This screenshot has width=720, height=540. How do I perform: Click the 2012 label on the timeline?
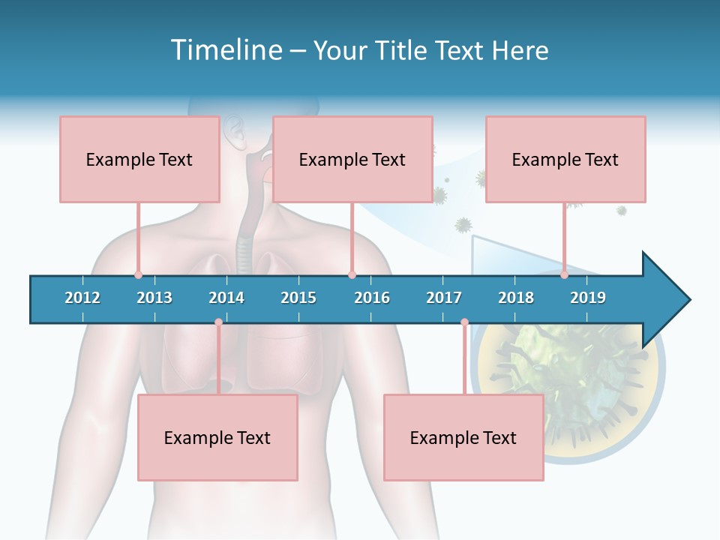82,298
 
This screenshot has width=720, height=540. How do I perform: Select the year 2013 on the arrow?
154,298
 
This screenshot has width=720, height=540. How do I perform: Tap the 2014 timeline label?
226,298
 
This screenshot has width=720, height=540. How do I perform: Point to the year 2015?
298,298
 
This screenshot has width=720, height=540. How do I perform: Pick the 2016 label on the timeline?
372,298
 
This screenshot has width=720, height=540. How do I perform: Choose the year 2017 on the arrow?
444,298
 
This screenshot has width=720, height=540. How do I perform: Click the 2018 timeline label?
516,298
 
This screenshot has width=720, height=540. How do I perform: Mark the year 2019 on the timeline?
588,298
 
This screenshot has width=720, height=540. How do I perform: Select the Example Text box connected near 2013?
139,159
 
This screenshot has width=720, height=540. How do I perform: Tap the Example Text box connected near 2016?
352,159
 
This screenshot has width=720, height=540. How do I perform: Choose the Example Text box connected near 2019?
565,159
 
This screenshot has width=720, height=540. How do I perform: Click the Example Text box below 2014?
217,437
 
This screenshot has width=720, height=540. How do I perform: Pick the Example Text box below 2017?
463,437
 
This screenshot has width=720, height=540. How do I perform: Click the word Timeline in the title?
225,50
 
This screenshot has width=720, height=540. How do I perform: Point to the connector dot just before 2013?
138,275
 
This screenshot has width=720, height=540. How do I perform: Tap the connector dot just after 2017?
464,322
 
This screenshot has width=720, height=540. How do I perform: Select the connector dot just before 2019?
564,275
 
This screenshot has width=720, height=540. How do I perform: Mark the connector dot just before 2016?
352,275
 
